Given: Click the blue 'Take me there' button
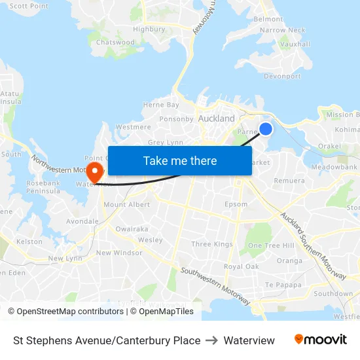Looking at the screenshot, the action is click(180, 160).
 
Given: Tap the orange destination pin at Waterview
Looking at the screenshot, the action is click(96, 171).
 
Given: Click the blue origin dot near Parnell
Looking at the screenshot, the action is click(266, 129).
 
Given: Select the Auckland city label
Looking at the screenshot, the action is click(216, 118).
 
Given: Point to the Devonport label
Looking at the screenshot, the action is click(282, 76).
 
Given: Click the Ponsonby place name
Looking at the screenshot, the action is click(177, 119).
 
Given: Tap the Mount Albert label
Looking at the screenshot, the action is click(126, 204).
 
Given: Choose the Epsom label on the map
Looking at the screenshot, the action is click(236, 204).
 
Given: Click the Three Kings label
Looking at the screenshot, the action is click(212, 244).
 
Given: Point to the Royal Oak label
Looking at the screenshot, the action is click(242, 266).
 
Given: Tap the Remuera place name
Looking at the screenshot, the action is click(289, 181).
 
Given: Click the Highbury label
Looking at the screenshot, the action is click(149, 29).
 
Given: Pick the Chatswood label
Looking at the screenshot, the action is click(115, 43).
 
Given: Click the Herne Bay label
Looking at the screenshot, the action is click(161, 105).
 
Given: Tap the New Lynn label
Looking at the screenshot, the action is click(65, 259).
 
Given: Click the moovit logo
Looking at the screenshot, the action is click(320, 340).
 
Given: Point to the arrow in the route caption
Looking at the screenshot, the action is click(212, 340).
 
